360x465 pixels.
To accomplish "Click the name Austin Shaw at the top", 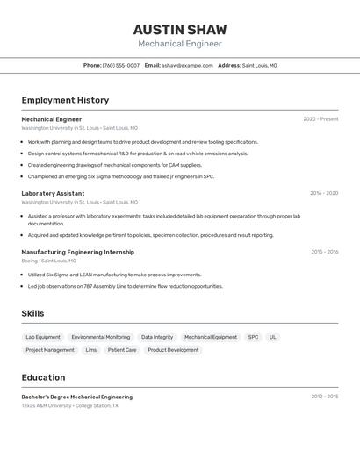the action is click(179, 29).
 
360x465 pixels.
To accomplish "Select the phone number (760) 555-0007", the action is click(121, 65).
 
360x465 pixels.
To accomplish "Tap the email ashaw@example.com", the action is click(187, 65).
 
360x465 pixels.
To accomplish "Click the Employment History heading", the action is click(65, 100).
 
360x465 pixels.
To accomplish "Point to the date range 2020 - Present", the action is click(320, 119).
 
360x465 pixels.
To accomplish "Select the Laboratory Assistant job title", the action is click(53, 193).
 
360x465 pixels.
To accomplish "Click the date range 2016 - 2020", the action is click(324, 193).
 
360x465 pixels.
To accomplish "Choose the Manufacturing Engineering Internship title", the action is click(77, 252).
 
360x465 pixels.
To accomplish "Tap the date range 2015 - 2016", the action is click(324, 252).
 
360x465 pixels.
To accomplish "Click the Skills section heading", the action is click(32, 313).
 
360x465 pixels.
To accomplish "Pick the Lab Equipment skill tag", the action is click(43, 337).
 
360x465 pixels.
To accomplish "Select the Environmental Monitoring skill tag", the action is click(101, 337).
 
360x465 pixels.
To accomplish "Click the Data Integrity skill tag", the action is click(157, 337).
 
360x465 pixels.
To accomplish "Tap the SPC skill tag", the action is click(253, 337).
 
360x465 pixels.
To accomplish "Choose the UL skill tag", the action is click(273, 337).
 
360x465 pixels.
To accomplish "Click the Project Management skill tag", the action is click(50, 350).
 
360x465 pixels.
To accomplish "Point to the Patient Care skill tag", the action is click(122, 350).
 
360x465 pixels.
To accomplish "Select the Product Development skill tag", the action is click(173, 350).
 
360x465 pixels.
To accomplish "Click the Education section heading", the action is click(43, 377).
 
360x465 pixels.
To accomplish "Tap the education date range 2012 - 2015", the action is click(324, 397).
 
